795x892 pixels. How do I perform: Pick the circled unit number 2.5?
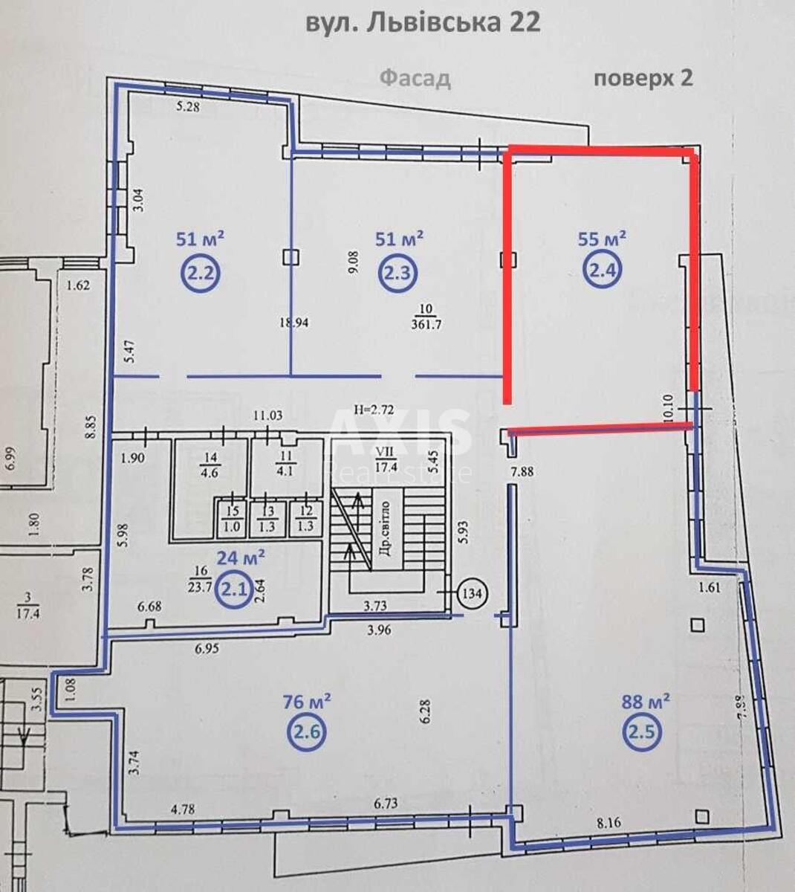(x=642, y=732)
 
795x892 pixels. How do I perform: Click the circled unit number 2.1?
(x=236, y=590)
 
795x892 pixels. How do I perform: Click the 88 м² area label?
(x=646, y=701)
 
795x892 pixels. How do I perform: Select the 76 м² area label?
(x=307, y=701)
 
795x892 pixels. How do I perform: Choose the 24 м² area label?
(x=241, y=557)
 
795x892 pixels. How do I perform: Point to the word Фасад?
(x=415, y=78)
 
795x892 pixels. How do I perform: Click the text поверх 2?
(x=643, y=78)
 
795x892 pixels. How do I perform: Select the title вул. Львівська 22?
(x=423, y=22)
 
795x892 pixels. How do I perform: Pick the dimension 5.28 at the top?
(x=189, y=107)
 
